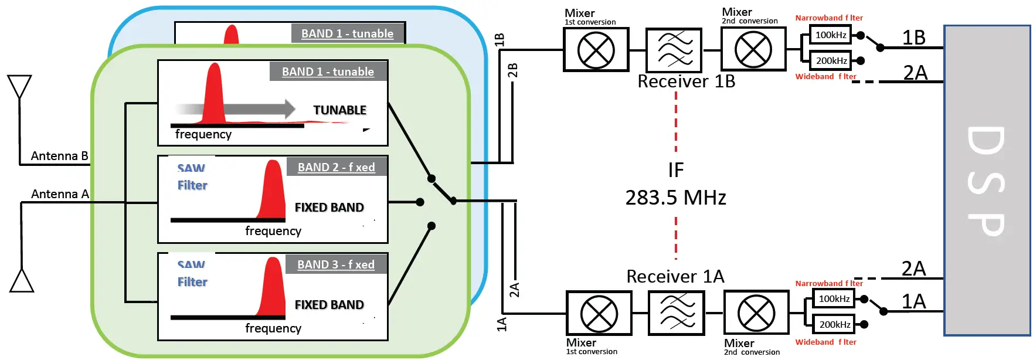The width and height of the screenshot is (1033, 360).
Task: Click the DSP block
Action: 987,181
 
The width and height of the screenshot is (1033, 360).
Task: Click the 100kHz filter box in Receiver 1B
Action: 831,35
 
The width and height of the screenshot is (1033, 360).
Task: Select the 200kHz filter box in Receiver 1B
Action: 831,60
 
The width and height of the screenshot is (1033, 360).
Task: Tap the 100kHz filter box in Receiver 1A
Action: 834,299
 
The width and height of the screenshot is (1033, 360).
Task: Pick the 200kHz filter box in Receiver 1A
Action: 834,324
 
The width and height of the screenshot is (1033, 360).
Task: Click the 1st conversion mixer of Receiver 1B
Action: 596,50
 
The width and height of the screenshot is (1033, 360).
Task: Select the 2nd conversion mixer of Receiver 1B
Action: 753,49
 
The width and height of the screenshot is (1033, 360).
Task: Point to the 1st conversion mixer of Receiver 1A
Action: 599,313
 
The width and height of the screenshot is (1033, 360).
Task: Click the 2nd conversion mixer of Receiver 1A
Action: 756,313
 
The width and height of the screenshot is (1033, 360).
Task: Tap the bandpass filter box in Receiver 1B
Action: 674,50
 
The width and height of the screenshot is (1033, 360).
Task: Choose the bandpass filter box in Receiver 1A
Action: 677,313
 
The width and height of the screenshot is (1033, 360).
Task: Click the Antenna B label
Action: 59,156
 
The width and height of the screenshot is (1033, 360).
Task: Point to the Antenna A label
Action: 60,194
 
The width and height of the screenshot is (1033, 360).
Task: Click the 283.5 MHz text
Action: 675,198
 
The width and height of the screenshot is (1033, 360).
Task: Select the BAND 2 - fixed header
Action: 337,167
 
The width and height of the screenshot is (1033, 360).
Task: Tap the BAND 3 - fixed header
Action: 336,264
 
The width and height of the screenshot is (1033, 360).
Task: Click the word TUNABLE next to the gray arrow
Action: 339,110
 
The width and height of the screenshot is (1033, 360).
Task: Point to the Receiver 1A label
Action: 675,276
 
